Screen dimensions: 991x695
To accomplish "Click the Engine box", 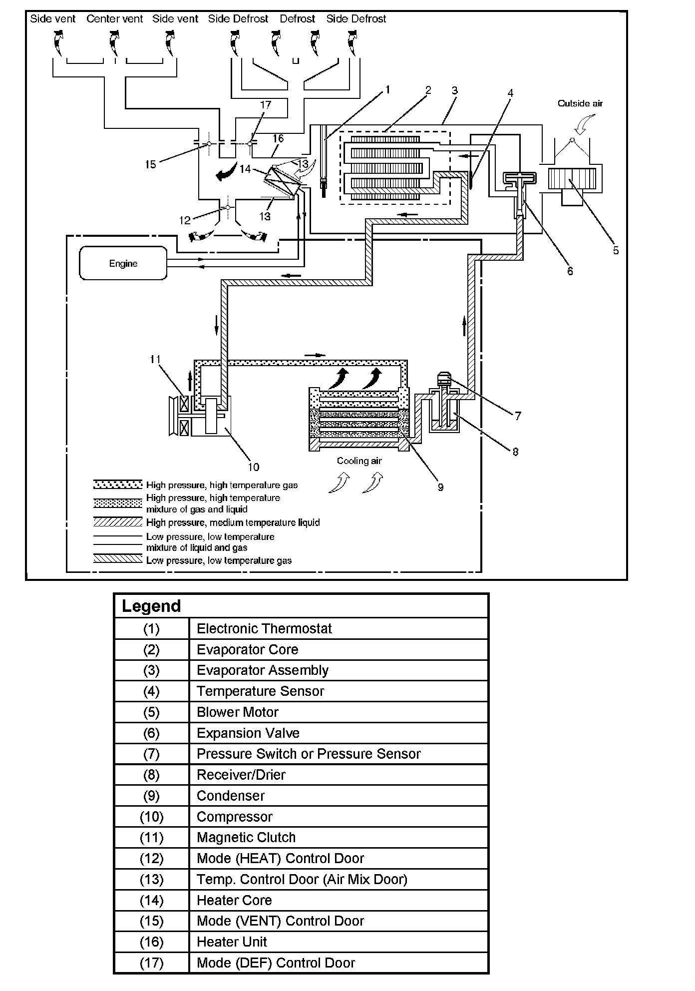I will (123, 263).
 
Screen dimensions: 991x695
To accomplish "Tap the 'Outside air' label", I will (580, 103).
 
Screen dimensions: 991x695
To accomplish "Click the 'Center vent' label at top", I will (114, 19).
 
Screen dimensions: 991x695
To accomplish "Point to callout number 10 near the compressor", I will (254, 467).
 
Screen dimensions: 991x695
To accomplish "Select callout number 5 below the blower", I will (616, 250).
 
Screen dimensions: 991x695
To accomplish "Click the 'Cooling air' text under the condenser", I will (359, 461).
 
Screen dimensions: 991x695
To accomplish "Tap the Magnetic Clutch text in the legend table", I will (246, 837).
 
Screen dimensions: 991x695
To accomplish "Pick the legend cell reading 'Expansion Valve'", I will (248, 733).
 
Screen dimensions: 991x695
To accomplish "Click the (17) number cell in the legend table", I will (151, 963).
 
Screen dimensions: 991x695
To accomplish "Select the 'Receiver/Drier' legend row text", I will (241, 775).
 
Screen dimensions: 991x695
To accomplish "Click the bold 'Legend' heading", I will (151, 606).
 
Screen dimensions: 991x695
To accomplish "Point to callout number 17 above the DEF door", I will (266, 105).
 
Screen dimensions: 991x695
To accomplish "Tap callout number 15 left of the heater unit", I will (151, 164).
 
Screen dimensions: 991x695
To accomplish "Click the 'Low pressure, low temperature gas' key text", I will (219, 560).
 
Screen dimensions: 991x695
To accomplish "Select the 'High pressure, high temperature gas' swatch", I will (118, 485).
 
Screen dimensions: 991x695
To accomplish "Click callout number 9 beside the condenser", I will (440, 487).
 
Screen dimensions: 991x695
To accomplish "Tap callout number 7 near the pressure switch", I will (518, 416).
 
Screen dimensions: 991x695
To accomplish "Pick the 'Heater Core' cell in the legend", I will (234, 900).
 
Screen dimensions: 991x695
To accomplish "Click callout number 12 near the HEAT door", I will (185, 220).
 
